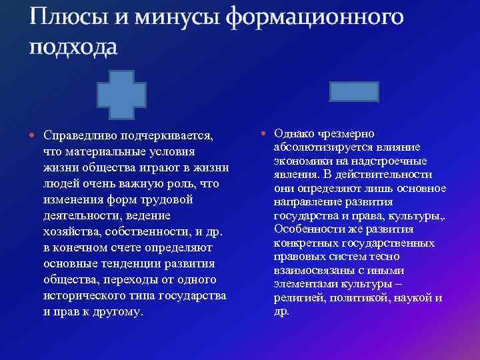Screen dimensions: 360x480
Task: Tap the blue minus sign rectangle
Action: click(x=355, y=91)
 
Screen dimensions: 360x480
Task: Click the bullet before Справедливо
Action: click(x=34, y=135)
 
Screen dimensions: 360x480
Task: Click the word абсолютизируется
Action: click(x=320, y=147)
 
